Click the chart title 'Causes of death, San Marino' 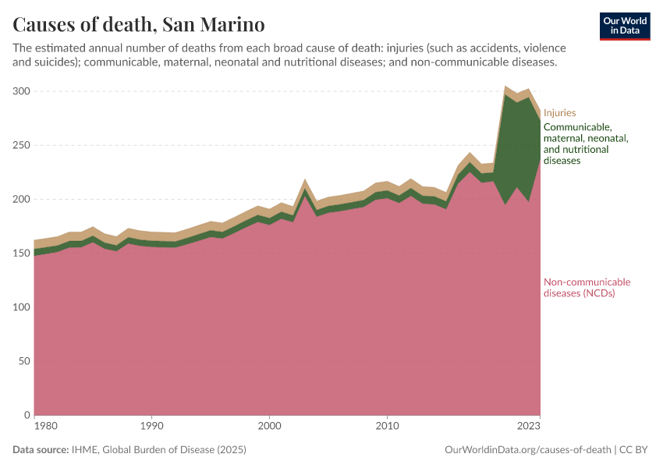138,24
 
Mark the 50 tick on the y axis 23,361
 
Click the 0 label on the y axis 27,415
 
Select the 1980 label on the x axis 46,427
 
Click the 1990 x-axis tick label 151,427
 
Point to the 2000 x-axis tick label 269,427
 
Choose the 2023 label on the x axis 528,427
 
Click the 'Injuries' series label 559,113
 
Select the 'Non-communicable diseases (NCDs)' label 587,288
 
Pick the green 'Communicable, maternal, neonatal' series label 585,144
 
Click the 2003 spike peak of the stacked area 305,180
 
